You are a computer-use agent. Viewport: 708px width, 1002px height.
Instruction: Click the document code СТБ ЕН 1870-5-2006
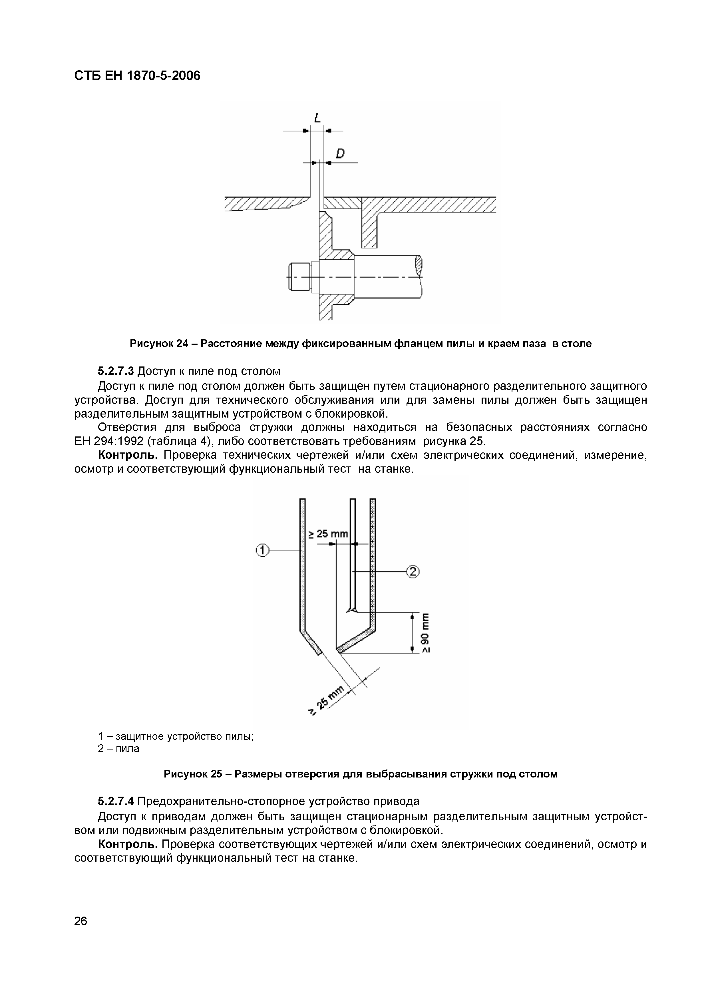(x=137, y=76)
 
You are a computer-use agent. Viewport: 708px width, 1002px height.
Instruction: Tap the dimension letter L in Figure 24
(x=317, y=118)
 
